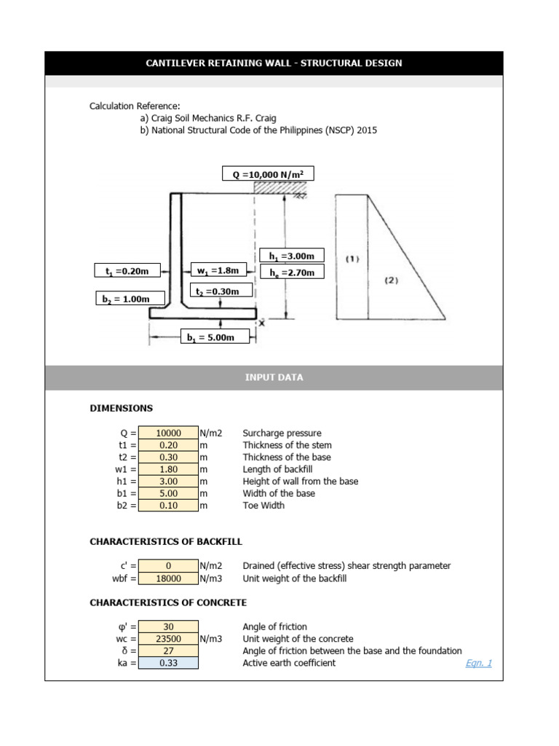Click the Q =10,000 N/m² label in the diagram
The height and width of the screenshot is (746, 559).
pyautogui.click(x=268, y=174)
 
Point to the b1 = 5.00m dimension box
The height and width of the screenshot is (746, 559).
pyautogui.click(x=215, y=337)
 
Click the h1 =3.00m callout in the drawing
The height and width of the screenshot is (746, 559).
pyautogui.click(x=291, y=256)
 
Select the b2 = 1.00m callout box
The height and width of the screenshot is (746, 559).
pyautogui.click(x=130, y=299)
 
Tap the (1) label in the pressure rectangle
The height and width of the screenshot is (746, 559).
pyautogui.click(x=352, y=259)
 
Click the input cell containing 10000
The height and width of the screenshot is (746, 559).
pyautogui.click(x=168, y=433)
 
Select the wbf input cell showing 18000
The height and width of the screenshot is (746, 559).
pyautogui.click(x=168, y=578)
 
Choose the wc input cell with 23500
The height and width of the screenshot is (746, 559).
pyautogui.click(x=168, y=639)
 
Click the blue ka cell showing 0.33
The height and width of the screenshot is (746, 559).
pyautogui.click(x=168, y=663)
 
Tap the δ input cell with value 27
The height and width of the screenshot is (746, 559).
pyautogui.click(x=168, y=651)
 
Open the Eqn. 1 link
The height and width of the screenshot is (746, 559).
pyautogui.click(x=479, y=663)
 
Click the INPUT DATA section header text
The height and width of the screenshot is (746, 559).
pyautogui.click(x=274, y=377)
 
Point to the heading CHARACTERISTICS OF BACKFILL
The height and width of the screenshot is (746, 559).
pyautogui.click(x=166, y=542)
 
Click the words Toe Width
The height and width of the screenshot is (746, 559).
pyautogui.click(x=263, y=506)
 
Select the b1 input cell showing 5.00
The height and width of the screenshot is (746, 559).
pyautogui.click(x=168, y=493)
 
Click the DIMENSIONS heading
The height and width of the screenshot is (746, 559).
pyautogui.click(x=121, y=408)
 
